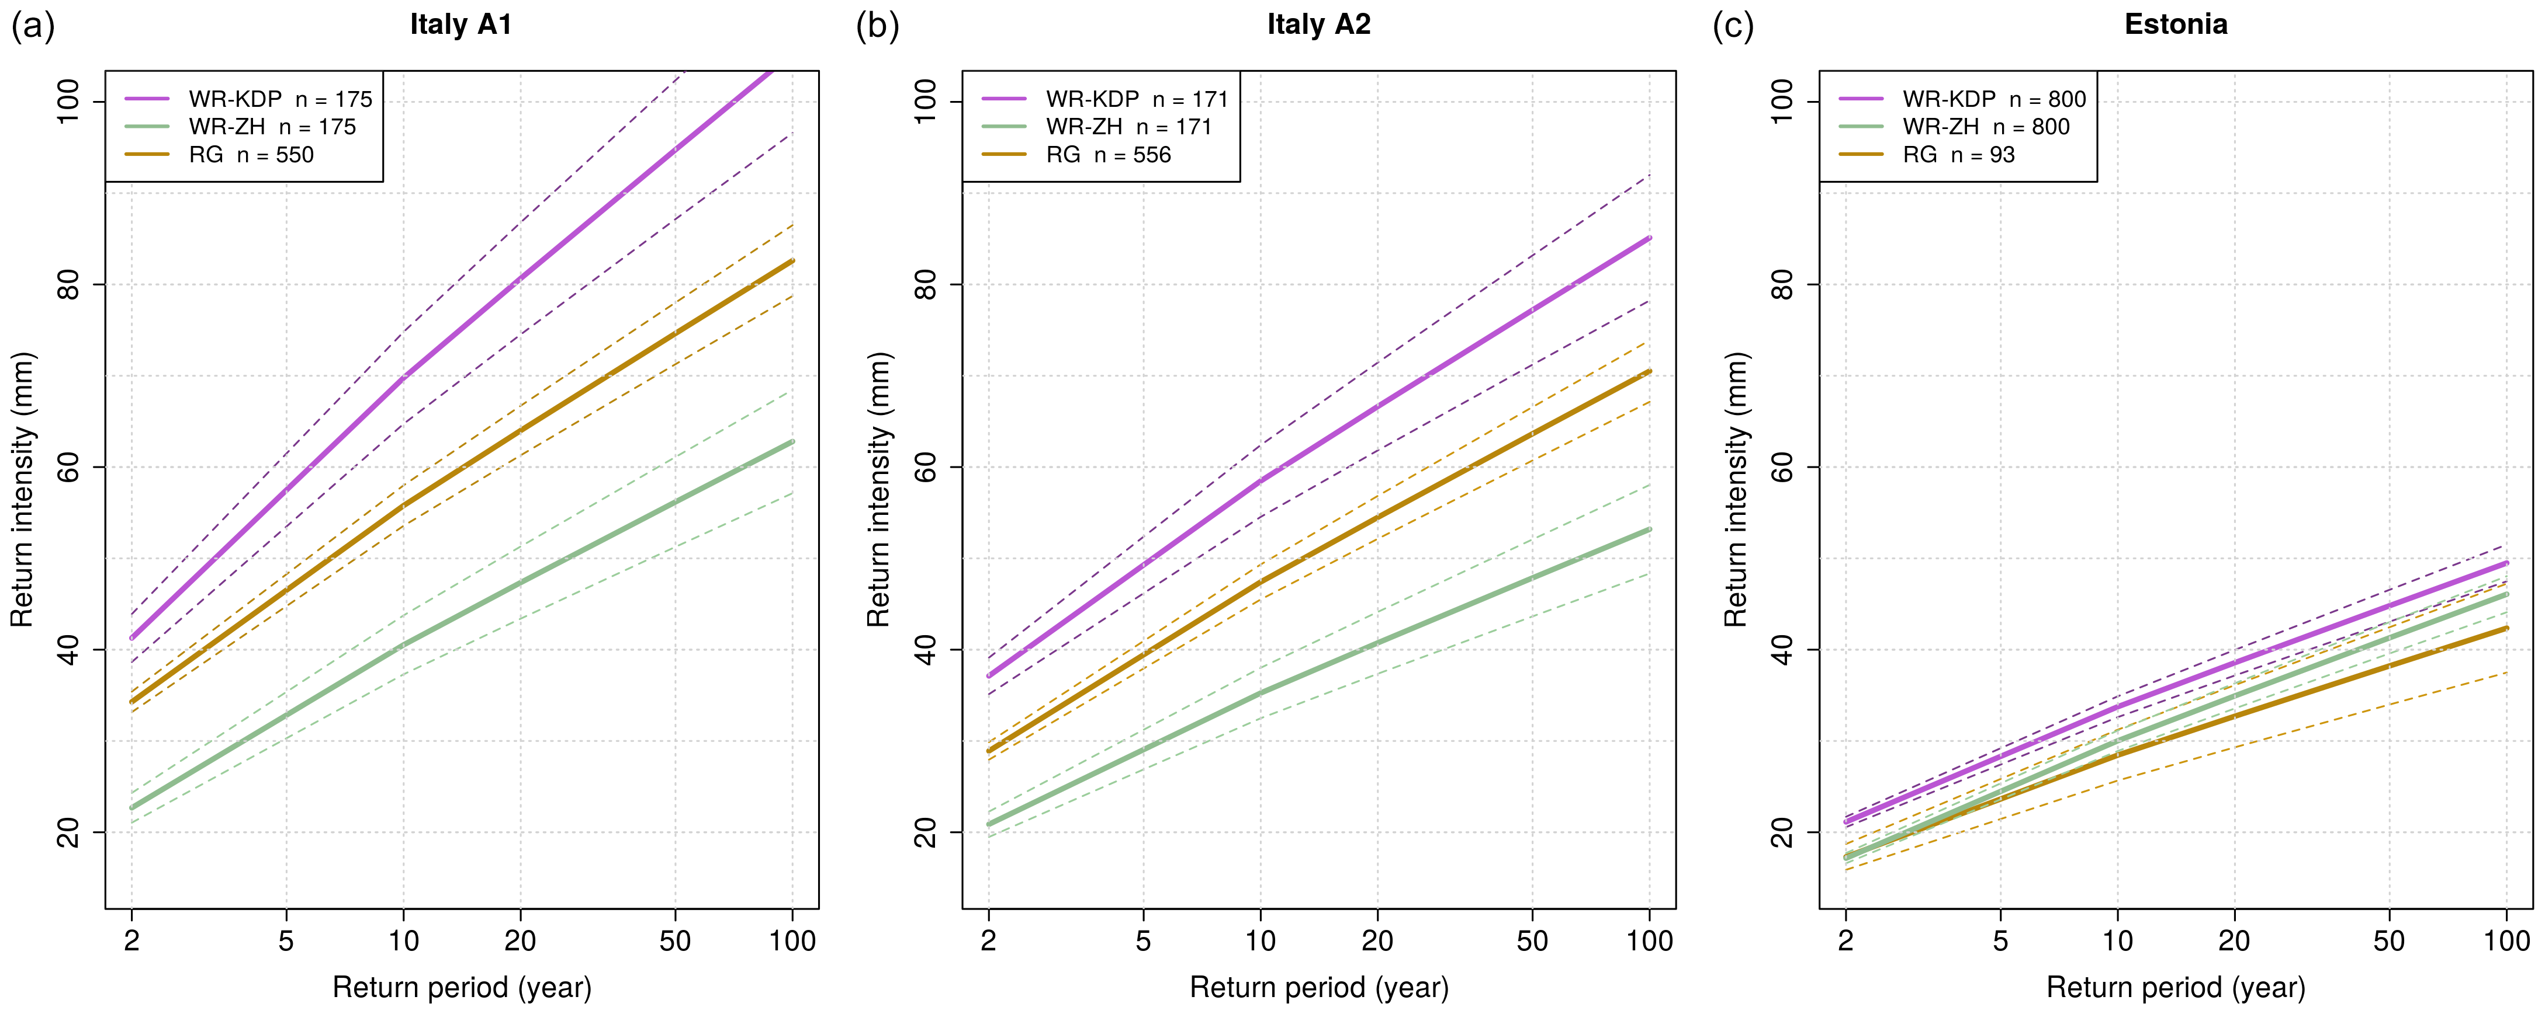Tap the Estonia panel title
(2176, 25)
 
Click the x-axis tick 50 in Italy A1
(675, 941)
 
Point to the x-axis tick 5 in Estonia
(2000, 941)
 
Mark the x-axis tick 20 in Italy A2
(1377, 941)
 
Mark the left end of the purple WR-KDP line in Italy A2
(989, 677)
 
